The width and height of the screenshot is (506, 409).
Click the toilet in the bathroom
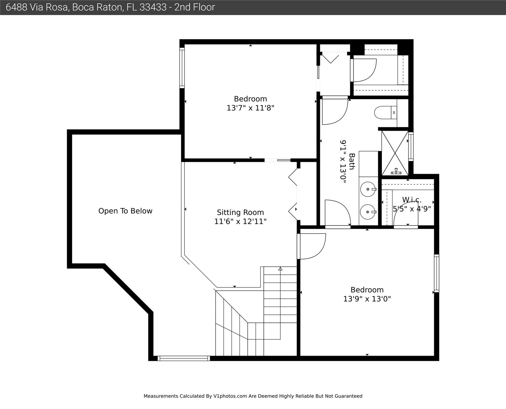(386, 113)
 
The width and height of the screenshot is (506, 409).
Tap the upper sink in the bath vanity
(368, 189)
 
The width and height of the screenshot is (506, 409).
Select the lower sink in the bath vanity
(368, 212)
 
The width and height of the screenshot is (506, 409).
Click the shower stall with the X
(395, 153)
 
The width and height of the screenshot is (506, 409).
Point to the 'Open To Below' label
(125, 211)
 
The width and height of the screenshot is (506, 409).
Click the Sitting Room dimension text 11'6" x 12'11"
(240, 222)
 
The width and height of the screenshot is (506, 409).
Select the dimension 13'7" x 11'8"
(250, 108)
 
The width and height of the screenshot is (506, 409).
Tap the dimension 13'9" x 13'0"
(367, 299)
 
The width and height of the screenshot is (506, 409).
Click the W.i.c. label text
(412, 200)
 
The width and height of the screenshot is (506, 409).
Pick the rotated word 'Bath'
(352, 161)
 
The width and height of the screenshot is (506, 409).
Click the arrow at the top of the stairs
(280, 269)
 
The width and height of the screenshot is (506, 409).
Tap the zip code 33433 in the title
(153, 7)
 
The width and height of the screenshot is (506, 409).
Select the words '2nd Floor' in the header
(195, 7)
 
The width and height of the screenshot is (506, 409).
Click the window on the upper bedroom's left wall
(182, 68)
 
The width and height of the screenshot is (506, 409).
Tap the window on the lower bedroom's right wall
(436, 273)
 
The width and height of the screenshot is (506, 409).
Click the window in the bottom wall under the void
(184, 358)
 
